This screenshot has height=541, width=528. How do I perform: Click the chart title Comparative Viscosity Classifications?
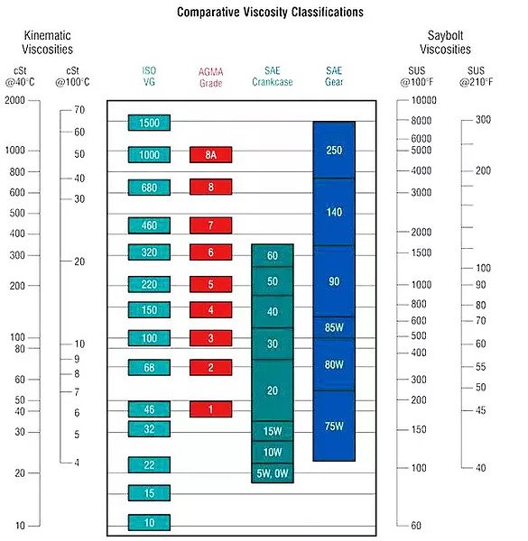click(270, 12)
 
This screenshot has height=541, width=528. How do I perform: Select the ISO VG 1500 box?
click(149, 123)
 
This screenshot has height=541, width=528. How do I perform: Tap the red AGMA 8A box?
click(210, 154)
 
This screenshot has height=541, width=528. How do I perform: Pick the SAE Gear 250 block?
click(334, 150)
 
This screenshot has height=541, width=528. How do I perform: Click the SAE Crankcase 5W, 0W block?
click(273, 473)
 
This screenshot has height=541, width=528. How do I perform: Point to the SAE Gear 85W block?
click(334, 327)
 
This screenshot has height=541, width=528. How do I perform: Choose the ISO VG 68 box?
click(149, 368)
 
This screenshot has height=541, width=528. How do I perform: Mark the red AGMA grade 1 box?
click(210, 409)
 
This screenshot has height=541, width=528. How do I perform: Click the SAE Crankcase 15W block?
click(273, 431)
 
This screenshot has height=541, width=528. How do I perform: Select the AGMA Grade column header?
click(210, 77)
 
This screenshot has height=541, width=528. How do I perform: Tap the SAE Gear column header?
click(334, 77)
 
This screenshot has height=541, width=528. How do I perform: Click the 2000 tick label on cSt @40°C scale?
click(14, 100)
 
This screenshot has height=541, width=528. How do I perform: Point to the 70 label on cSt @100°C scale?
click(79, 110)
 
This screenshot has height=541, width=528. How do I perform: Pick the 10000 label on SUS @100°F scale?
click(423, 100)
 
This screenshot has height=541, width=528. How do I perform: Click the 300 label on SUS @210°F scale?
click(483, 120)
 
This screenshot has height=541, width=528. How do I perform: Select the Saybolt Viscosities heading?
click(445, 42)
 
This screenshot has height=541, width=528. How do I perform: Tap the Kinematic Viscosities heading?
click(47, 42)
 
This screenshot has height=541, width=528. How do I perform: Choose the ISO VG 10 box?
click(149, 522)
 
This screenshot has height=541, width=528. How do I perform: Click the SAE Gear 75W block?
click(334, 426)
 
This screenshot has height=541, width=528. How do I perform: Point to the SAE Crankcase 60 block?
click(273, 255)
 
